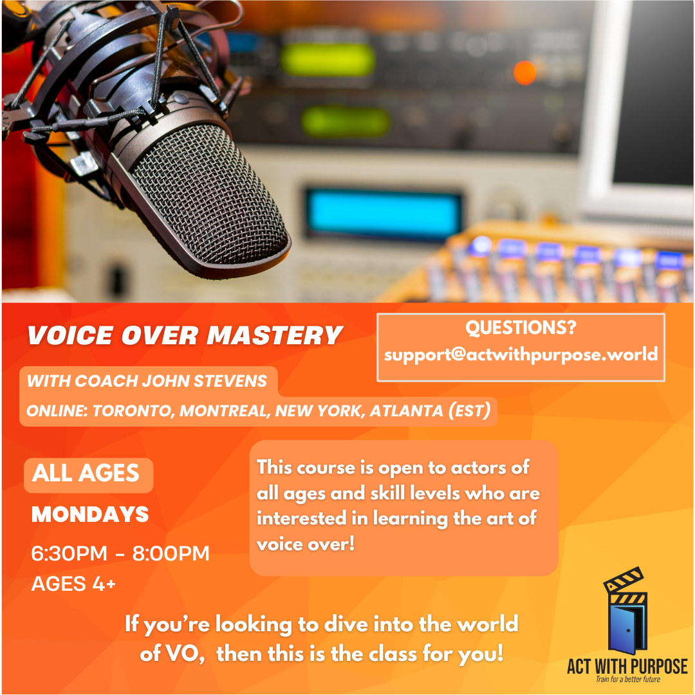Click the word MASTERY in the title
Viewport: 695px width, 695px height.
coord(274,335)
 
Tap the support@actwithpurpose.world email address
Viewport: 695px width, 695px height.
coord(521,355)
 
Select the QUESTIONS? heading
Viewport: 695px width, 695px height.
coord(521,328)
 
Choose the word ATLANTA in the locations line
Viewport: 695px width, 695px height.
coord(407,411)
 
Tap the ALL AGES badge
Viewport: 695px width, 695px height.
coord(89,475)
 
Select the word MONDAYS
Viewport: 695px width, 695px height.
coord(90,514)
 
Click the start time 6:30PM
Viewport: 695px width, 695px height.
coord(69,553)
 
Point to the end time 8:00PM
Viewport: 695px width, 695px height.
coord(171,553)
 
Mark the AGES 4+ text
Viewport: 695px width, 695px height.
coord(73,584)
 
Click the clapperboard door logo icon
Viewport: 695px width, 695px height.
coord(626,610)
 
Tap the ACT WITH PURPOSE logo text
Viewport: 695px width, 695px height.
coord(627,666)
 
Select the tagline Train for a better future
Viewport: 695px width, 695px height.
coord(627,679)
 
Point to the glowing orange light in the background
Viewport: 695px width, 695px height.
coord(525,72)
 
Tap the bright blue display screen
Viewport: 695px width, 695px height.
coord(383,214)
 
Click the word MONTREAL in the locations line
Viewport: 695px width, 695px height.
coord(225,411)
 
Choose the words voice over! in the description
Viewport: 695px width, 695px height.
coord(306,544)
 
